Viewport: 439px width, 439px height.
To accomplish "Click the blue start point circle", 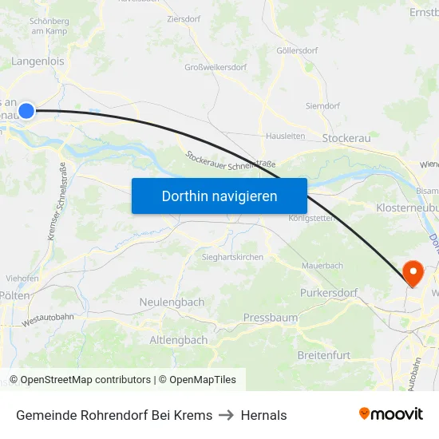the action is click(26, 111).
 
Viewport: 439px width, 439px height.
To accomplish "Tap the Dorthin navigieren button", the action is click(219, 196).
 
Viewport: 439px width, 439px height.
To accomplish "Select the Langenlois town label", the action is click(38, 61).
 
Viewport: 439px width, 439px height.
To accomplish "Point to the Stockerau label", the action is click(346, 138).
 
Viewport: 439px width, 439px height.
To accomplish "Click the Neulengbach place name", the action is click(172, 303).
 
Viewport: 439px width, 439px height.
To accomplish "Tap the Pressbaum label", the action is click(269, 317).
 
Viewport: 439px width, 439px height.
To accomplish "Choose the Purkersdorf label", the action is click(329, 293).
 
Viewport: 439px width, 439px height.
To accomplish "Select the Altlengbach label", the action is click(179, 340).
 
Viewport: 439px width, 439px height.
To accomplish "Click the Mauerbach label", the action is click(322, 265).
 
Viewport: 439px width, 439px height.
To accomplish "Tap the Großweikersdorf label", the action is click(216, 67).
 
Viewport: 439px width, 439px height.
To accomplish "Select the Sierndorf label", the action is click(322, 105).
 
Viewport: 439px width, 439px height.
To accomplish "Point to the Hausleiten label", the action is click(285, 136).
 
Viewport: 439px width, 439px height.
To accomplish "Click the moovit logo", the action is click(391, 413).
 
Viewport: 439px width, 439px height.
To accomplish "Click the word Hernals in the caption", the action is click(263, 415).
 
